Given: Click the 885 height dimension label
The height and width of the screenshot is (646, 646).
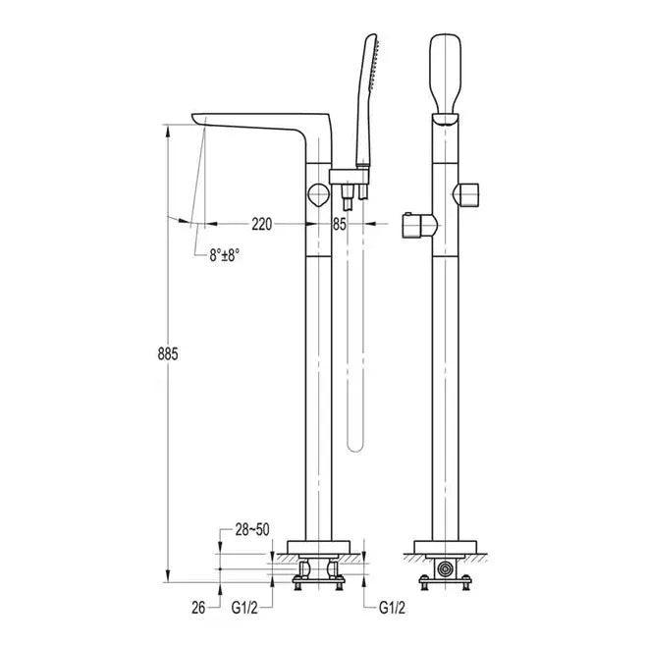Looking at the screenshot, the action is click(168, 353).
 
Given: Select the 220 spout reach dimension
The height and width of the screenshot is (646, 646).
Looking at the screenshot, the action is click(262, 224).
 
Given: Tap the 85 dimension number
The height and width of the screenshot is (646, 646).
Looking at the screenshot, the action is click(340, 224).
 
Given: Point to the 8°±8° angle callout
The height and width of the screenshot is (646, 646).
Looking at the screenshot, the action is click(225, 255).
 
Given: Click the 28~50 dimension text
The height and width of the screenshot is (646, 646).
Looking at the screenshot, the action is click(252, 529).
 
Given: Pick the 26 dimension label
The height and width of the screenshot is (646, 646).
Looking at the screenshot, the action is click(198, 608).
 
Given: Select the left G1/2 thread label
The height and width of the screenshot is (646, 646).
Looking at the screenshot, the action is click(244, 608).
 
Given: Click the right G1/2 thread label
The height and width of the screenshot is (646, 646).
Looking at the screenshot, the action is click(392, 608).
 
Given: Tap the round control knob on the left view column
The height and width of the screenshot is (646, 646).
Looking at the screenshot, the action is click(318, 194).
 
